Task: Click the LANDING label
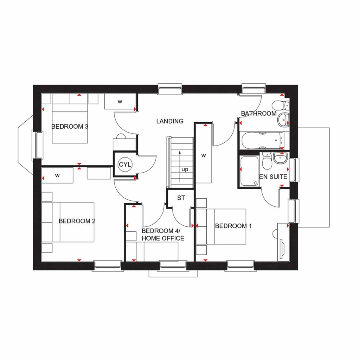click(x=170, y=121)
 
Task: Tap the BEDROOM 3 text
click(x=70, y=127)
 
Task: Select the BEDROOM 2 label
click(x=77, y=221)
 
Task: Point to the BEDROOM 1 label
click(x=233, y=226)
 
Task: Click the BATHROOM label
click(x=258, y=114)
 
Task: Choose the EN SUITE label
click(x=273, y=177)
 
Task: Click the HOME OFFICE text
click(x=162, y=238)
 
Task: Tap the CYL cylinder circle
click(x=124, y=164)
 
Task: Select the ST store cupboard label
click(x=181, y=198)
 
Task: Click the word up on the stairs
click(x=185, y=169)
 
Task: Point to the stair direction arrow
click(x=180, y=165)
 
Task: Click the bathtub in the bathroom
click(x=262, y=141)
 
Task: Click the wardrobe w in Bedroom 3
click(x=120, y=102)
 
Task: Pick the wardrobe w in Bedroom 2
click(x=57, y=175)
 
